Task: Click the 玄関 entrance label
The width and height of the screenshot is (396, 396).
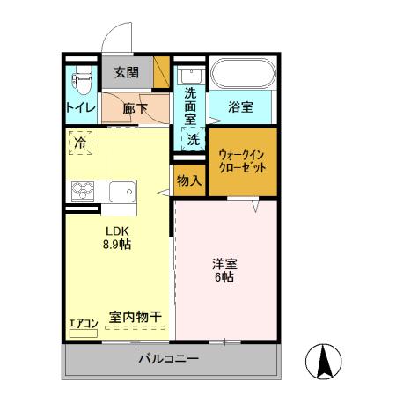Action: coord(126,72)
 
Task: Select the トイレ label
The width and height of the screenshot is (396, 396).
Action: coord(80,108)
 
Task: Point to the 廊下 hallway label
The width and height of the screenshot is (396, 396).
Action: coord(135,109)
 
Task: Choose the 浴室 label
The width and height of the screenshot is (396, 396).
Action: coord(240,108)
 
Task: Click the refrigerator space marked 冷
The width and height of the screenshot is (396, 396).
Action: coord(80,142)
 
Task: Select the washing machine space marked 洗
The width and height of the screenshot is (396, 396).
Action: coord(192,139)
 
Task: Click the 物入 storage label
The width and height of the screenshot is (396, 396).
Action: coord(188,180)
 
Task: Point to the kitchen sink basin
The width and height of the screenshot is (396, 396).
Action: coord(121,191)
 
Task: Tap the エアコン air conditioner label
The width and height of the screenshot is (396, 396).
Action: coord(83,324)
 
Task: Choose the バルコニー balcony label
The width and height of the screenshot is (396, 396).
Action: coord(168,359)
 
